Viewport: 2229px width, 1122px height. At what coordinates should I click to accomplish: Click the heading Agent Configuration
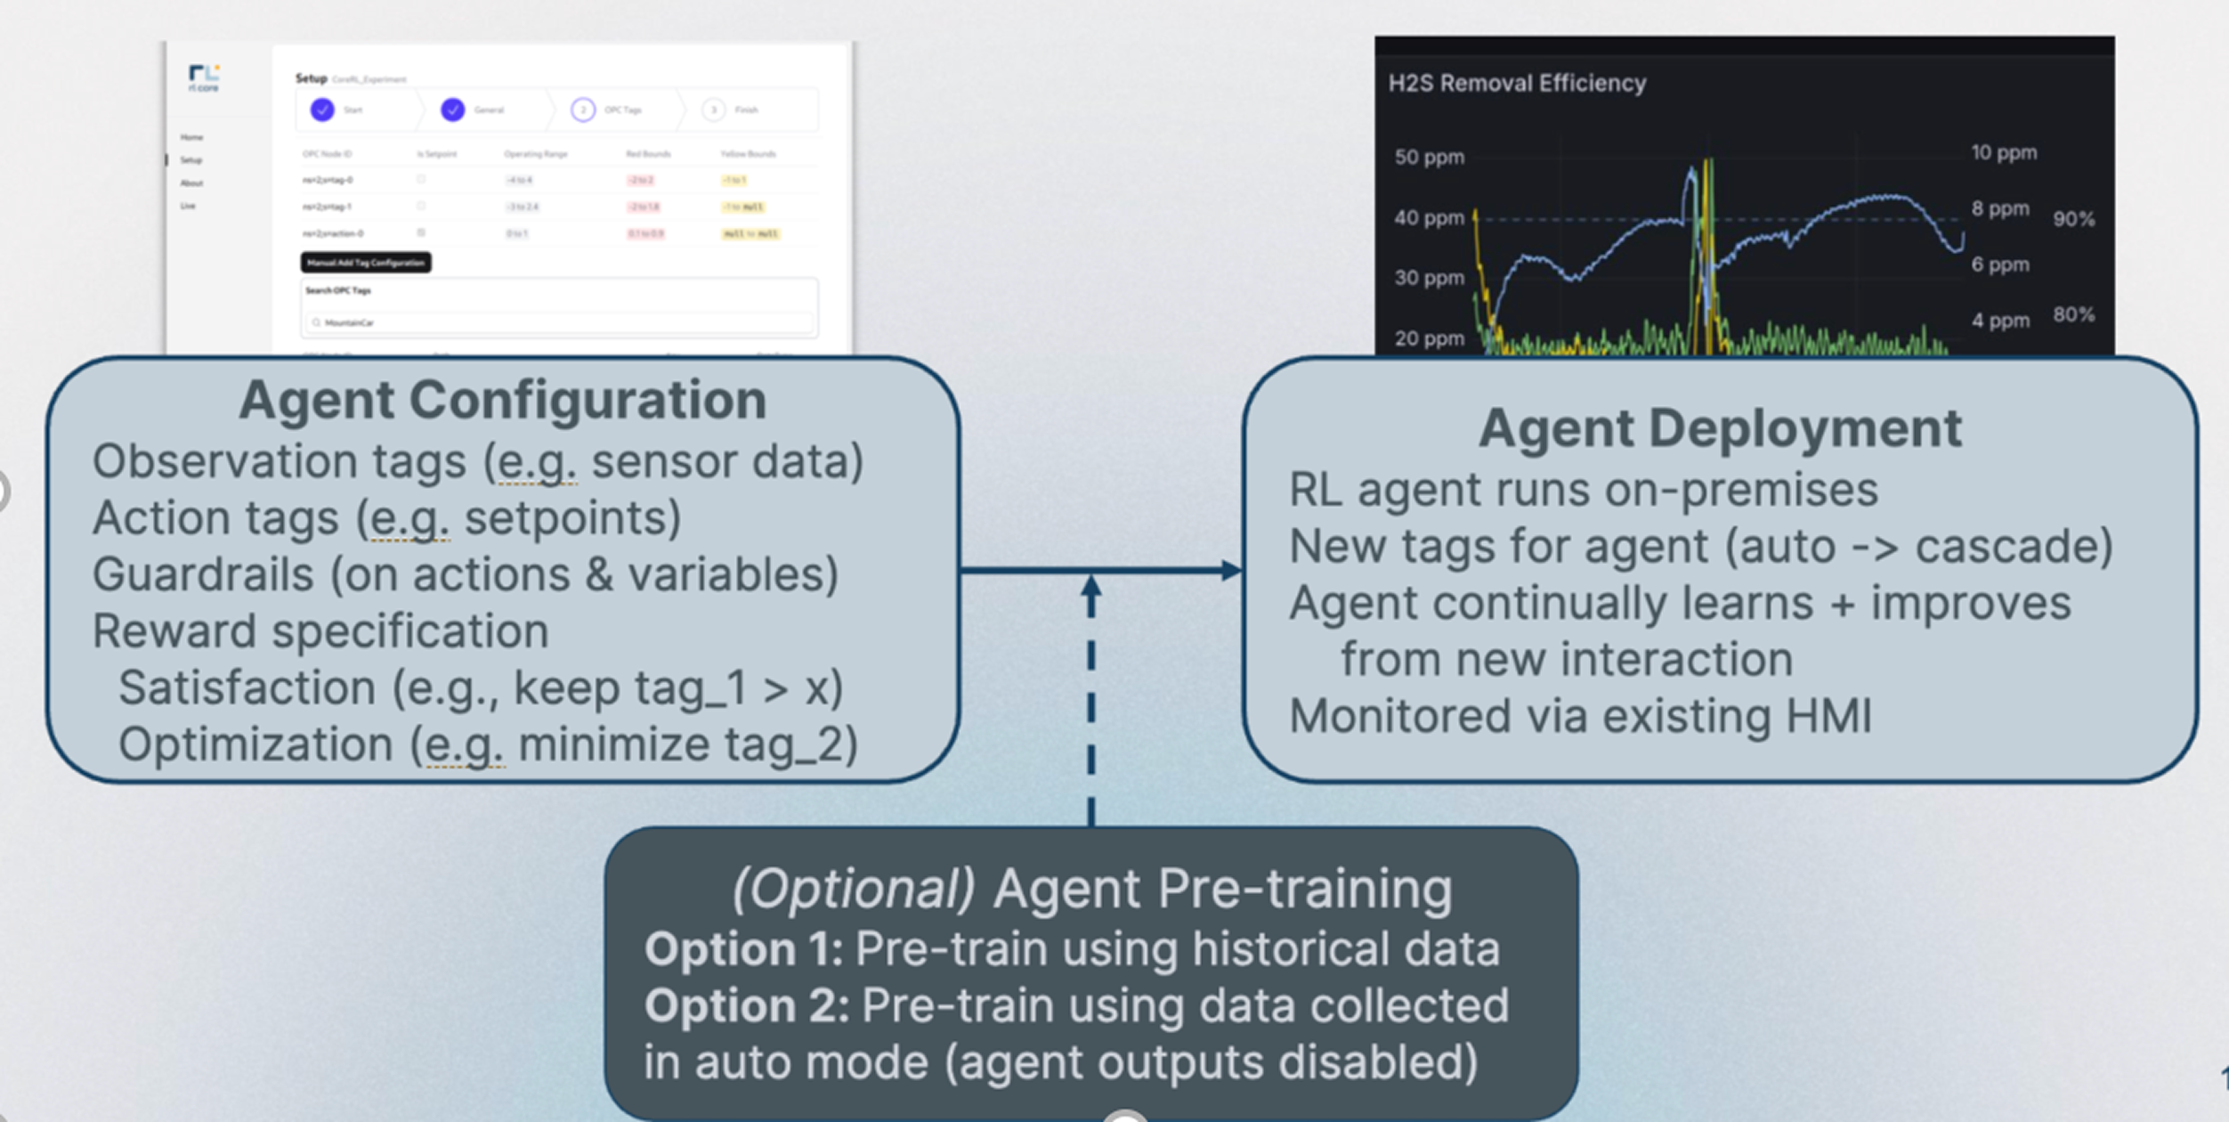point(502,400)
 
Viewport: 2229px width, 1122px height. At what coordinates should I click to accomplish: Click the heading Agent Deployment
point(1720,428)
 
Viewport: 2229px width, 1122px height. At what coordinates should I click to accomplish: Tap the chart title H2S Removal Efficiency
point(1517,83)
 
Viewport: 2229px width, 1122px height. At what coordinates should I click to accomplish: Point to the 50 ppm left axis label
point(1429,157)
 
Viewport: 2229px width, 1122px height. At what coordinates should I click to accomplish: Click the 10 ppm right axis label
point(2003,152)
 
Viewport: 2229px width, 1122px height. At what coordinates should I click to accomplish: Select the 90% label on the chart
point(2073,219)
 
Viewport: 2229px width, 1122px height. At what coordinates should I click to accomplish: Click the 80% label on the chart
point(2073,314)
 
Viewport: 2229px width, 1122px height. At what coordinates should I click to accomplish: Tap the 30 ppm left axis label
point(1429,278)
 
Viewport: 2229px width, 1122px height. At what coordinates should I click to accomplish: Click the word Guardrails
point(204,574)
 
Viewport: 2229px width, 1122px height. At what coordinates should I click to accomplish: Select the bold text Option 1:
point(743,949)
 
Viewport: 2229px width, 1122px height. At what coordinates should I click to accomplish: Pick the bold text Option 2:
point(746,1006)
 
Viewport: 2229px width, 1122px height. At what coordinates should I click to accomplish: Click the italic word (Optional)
point(853,889)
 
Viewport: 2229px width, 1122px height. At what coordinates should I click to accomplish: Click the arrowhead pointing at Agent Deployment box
point(1232,571)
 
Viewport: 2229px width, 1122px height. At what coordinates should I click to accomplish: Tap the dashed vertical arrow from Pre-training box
point(1091,703)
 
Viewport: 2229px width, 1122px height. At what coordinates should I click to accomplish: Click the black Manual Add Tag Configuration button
point(366,263)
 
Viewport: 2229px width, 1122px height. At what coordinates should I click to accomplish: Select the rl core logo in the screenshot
point(204,77)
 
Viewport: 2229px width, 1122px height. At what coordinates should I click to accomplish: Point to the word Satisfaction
point(247,688)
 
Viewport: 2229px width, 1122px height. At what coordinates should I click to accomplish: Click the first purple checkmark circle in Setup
point(322,110)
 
